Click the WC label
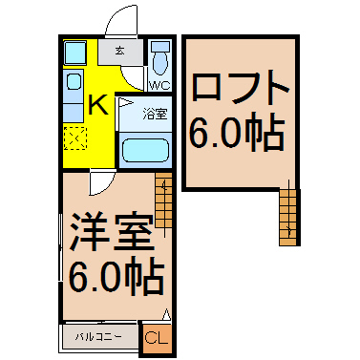pyautogui.click(x=160, y=85)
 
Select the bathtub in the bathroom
pyautogui.click(x=145, y=150)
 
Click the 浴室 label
pyautogui.click(x=155, y=114)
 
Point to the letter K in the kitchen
pyautogui.click(x=98, y=106)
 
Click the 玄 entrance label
pyautogui.click(x=119, y=51)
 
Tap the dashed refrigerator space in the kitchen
pyautogui.click(x=75, y=138)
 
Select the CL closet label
pyautogui.click(x=157, y=338)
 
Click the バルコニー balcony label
pyautogui.click(x=98, y=336)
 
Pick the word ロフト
pyautogui.click(x=241, y=90)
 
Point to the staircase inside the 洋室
pyautogui.click(x=163, y=200)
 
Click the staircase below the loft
pyautogui.click(x=289, y=218)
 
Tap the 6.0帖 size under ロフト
pyautogui.click(x=237, y=132)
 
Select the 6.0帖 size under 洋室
pyautogui.click(x=116, y=276)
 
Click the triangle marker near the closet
pyautogui.click(x=166, y=314)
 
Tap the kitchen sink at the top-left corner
pyautogui.click(x=74, y=53)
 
